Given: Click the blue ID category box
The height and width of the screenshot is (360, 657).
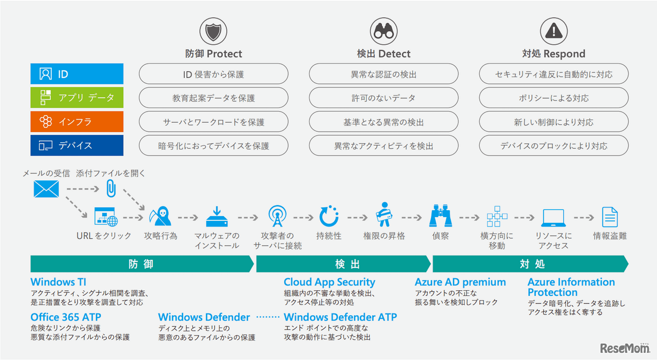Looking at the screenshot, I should (x=77, y=74).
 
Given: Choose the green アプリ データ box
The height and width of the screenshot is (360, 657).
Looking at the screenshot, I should (x=77, y=98).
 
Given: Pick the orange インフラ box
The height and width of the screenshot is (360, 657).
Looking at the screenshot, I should (x=77, y=122).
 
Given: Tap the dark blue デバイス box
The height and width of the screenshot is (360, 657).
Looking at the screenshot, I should (x=77, y=145).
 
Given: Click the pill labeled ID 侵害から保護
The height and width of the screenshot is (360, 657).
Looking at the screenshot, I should (x=214, y=74).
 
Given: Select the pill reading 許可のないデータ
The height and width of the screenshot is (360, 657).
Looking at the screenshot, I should (x=383, y=98).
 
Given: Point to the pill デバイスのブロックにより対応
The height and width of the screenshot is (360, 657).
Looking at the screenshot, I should (x=554, y=146).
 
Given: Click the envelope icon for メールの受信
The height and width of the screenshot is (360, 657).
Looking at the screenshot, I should (x=46, y=190).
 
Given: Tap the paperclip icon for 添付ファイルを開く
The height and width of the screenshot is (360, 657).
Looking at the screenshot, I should (x=111, y=188).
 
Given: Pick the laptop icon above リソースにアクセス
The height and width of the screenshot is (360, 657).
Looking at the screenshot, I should (x=553, y=218).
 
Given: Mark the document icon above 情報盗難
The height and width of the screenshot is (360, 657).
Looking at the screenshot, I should (x=610, y=217).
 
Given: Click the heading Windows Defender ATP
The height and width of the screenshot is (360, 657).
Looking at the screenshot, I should (x=340, y=317).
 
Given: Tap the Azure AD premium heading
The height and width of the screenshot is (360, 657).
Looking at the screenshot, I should (x=460, y=282).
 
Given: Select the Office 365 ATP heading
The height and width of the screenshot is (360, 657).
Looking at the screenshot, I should (x=66, y=317).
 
